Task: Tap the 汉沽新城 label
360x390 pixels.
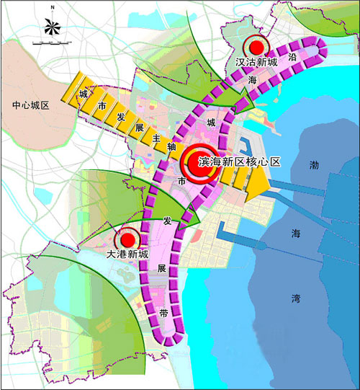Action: click(x=256, y=62)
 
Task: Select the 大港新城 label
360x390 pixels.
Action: click(x=127, y=254)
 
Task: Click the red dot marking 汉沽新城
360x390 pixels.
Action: click(x=254, y=45)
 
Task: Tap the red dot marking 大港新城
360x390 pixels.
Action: click(x=127, y=239)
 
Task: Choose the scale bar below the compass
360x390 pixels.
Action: click(x=52, y=44)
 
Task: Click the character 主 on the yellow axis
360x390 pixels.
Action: click(x=156, y=137)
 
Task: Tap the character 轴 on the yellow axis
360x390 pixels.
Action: click(x=171, y=146)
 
